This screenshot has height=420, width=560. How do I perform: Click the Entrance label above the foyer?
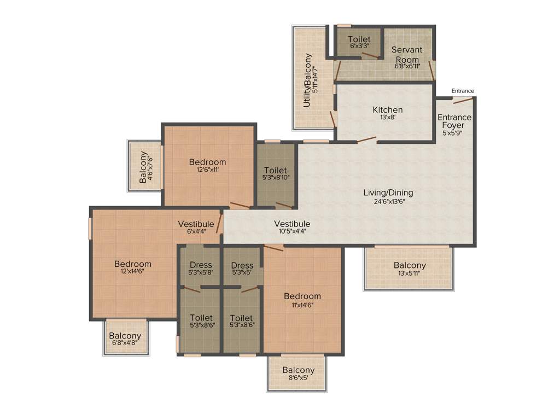(x=463, y=91)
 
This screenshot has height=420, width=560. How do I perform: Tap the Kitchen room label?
(x=387, y=110)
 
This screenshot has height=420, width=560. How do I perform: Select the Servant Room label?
(x=407, y=54)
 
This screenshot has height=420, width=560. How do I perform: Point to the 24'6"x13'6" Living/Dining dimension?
(x=388, y=201)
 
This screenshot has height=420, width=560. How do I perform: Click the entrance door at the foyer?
(x=463, y=99)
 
